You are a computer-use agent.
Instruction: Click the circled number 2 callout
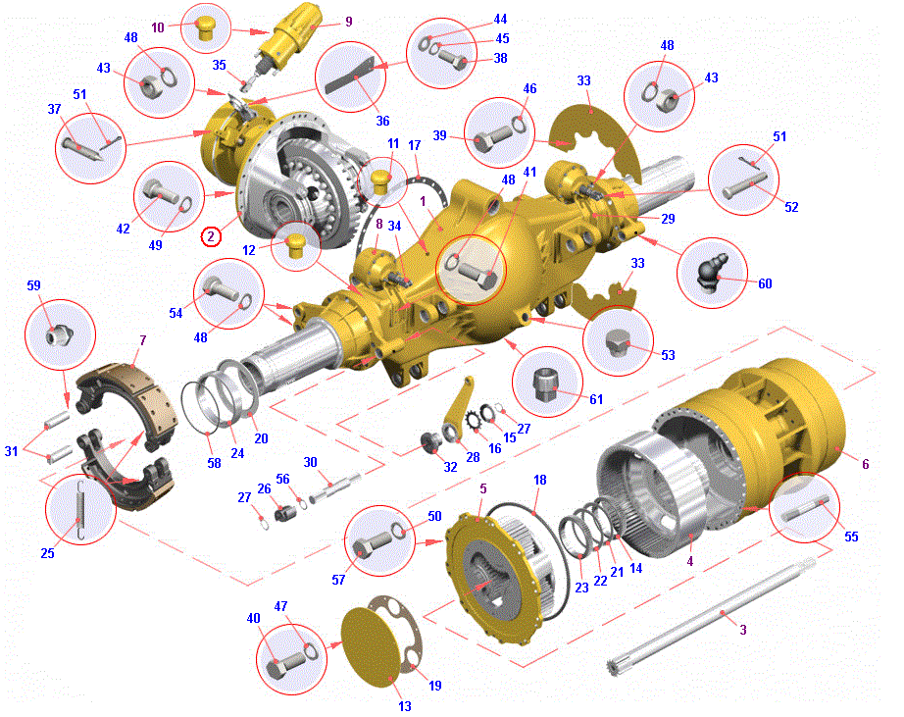pos(211,236)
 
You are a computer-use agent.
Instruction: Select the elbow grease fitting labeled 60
pos(712,272)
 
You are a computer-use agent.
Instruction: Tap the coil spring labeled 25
pos(80,510)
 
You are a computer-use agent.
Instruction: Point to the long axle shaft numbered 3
pos(712,617)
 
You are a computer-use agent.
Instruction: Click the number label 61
pos(595,399)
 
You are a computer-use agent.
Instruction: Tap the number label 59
pos(33,285)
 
